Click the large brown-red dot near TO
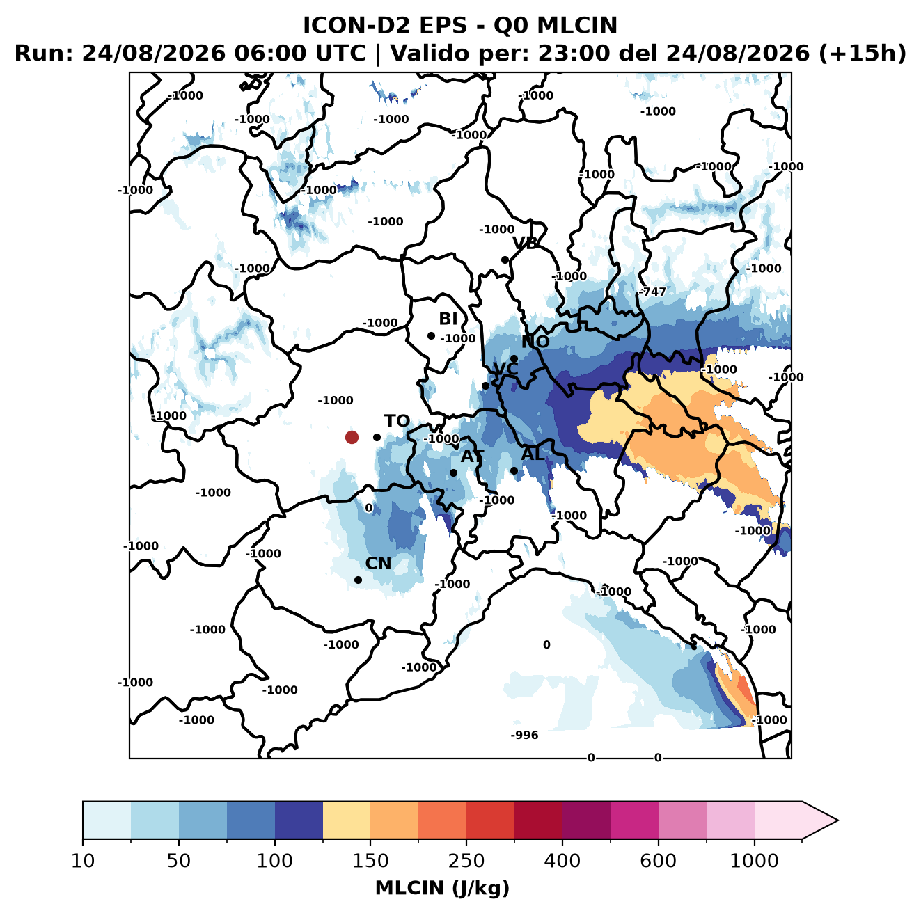(x=352, y=437)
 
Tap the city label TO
(x=397, y=421)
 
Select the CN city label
(x=377, y=563)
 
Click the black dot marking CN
(x=358, y=580)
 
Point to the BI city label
(x=448, y=319)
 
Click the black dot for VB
(x=505, y=260)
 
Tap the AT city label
(x=472, y=456)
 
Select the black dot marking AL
(x=514, y=470)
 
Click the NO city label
(x=535, y=342)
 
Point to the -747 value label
(x=652, y=292)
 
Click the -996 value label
(x=524, y=735)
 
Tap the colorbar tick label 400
(x=562, y=861)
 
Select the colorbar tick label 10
(x=83, y=861)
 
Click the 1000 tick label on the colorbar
(x=754, y=861)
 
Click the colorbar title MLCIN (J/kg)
(x=443, y=888)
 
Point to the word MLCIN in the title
(x=577, y=25)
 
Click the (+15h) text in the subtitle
(x=863, y=54)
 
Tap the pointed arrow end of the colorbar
(x=837, y=820)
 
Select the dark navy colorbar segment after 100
(x=299, y=820)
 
